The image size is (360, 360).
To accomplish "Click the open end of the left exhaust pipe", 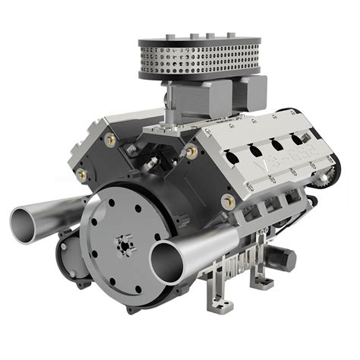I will tap(28, 220).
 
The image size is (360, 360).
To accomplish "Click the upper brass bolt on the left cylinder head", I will tap(111, 140).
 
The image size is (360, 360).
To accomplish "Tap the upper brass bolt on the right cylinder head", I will tap(192, 151).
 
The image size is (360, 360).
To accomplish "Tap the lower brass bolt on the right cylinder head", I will tap(227, 201).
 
